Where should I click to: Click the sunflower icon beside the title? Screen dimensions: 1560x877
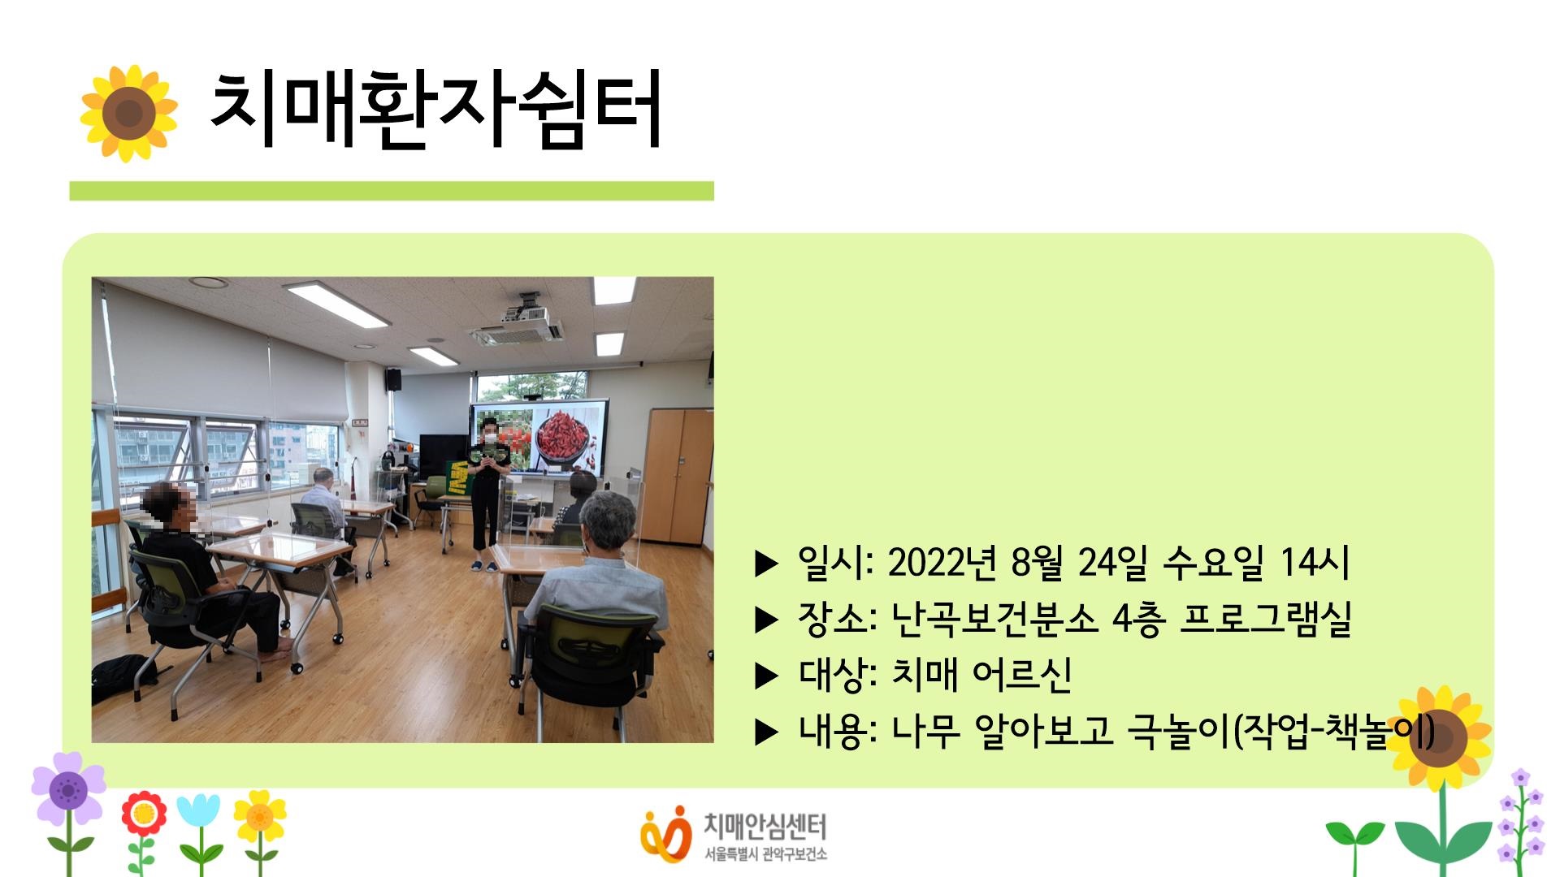[128, 114]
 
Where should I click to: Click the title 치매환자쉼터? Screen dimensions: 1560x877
[435, 111]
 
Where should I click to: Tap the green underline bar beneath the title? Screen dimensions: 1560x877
[392, 191]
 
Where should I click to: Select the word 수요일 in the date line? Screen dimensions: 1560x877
[1212, 562]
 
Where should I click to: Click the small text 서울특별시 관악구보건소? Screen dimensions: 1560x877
[765, 854]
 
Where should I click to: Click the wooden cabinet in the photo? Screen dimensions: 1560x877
[678, 476]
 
